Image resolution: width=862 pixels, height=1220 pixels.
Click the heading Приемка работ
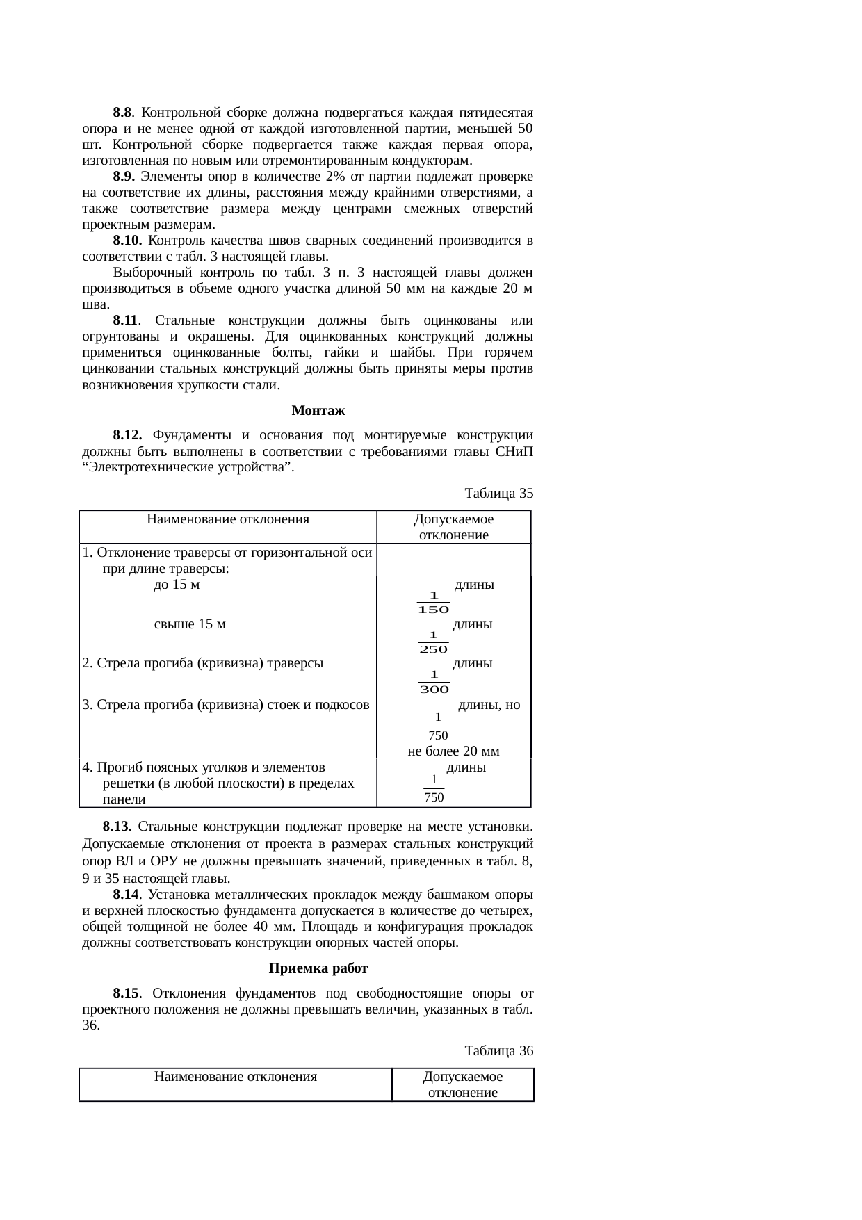tap(317, 968)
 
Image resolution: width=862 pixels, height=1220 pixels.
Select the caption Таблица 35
tap(498, 493)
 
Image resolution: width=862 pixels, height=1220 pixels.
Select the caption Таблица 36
tap(498, 1050)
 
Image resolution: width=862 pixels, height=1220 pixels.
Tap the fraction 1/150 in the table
tap(433, 602)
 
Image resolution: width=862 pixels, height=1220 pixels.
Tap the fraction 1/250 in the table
tap(433, 642)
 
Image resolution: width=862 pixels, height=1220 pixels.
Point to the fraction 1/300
tap(433, 682)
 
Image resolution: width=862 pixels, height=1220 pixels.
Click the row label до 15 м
tap(177, 585)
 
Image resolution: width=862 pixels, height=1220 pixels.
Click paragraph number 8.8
tap(122, 113)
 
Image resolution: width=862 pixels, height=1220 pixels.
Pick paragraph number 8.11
tap(127, 320)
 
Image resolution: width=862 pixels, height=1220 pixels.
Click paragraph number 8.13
tap(117, 827)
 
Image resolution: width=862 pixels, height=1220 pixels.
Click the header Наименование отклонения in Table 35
tap(228, 519)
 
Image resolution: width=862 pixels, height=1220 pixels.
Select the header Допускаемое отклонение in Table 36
tap(462, 1084)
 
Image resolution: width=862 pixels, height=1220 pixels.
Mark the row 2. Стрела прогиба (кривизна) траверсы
tap(203, 662)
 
